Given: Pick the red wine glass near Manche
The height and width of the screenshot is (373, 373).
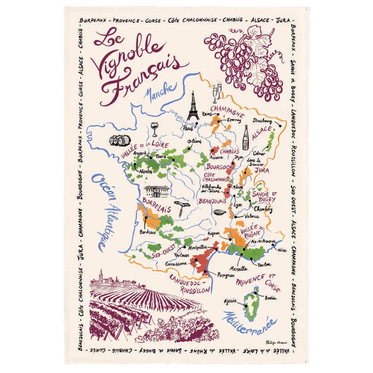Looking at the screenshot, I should pos(155,129).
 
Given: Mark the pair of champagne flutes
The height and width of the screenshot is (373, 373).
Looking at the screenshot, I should pos(217,93).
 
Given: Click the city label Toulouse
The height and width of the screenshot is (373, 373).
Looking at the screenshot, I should pos(182,254).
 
